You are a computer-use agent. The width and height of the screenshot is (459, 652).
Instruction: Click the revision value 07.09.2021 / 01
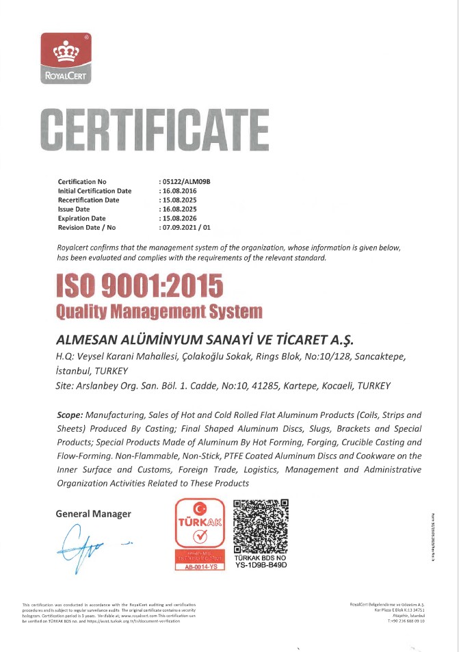[x=186, y=226]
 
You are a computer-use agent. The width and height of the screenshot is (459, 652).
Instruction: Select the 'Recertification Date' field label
[x=89, y=200]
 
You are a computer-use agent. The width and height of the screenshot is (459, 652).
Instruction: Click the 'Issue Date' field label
[x=74, y=209]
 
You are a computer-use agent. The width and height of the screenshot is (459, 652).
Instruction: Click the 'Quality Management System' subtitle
[x=159, y=312]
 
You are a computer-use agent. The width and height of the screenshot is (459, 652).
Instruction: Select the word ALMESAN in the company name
[x=85, y=340]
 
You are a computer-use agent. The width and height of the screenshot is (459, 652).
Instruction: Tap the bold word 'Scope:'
[x=70, y=415]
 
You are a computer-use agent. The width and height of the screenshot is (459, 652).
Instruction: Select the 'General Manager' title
[x=94, y=514]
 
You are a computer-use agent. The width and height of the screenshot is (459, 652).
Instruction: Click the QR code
[x=261, y=525]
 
